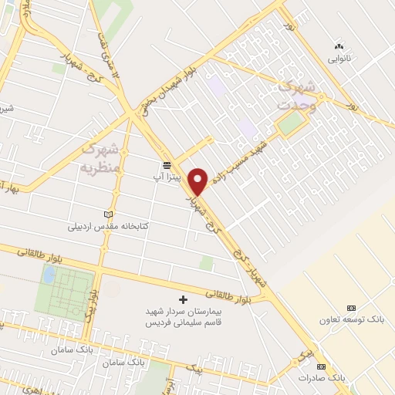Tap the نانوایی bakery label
point(339,58)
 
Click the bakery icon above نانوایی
point(338,46)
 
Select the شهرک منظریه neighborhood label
point(101,157)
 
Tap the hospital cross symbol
point(183,299)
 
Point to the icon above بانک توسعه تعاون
point(352,307)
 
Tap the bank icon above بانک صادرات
point(321,366)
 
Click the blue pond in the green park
point(49,275)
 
